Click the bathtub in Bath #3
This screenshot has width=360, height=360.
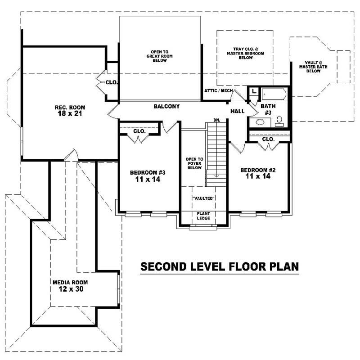click(273, 95)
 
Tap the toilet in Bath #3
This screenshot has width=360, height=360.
click(279, 120)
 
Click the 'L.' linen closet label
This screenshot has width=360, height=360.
click(254, 91)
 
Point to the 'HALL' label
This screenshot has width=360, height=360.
click(237, 111)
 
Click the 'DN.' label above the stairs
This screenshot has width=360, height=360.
click(216, 120)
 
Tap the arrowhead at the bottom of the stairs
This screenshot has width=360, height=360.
click(216, 177)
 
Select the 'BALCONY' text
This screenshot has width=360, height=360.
click(166, 107)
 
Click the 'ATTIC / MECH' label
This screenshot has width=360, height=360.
click(219, 91)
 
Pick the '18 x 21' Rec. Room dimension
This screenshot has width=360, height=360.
click(70, 114)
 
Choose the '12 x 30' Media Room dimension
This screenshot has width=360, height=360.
click(70, 289)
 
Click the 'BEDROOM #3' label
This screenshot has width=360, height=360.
click(148, 172)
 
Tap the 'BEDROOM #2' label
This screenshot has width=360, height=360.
click(258, 170)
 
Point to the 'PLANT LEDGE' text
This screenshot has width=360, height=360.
click(203, 216)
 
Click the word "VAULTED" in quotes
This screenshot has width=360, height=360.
click(203, 198)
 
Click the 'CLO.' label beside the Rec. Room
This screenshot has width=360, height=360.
click(112, 83)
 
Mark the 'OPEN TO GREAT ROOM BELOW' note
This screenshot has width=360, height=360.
click(160, 56)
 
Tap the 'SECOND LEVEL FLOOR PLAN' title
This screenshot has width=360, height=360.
click(220, 266)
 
